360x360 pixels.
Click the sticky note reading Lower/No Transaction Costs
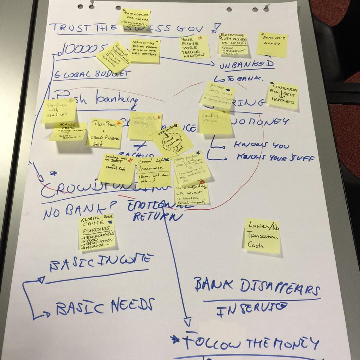[262, 235]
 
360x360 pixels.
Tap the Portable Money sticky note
[272, 44]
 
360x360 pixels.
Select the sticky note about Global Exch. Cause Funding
[97, 232]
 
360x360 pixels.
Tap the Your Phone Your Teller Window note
[194, 47]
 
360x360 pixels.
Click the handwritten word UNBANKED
[246, 64]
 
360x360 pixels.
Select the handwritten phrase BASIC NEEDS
[104, 307]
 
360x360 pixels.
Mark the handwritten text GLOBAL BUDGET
[92, 74]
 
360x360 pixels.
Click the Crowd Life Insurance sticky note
[153, 172]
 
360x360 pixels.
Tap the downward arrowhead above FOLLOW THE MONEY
[187, 321]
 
